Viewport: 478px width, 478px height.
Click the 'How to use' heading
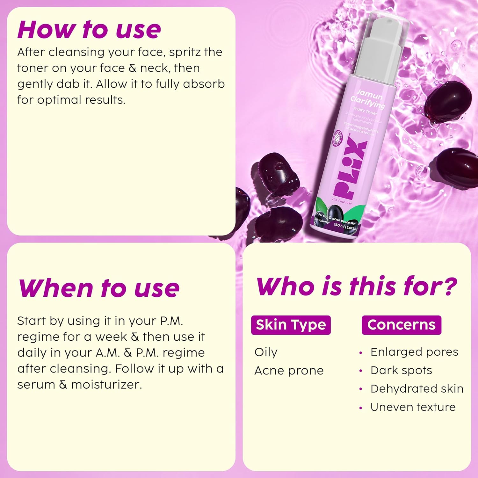(89, 30)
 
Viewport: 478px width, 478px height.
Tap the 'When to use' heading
(99, 288)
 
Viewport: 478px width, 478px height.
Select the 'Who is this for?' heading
(356, 286)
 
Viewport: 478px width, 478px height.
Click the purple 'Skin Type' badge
(291, 325)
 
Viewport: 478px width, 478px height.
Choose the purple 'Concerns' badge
(401, 325)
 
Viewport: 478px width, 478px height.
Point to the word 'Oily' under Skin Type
(266, 352)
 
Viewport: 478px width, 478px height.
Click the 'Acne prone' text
(289, 370)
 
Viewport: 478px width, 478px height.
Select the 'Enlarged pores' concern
(414, 352)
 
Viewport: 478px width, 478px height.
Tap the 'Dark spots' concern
(401, 370)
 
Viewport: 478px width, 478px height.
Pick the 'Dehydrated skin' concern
(417, 388)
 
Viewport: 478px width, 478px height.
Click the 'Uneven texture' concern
(413, 407)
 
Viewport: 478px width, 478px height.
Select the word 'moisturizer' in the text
(106, 385)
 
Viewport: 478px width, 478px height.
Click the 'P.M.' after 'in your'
(171, 321)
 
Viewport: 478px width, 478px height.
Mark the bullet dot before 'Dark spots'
(361, 371)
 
